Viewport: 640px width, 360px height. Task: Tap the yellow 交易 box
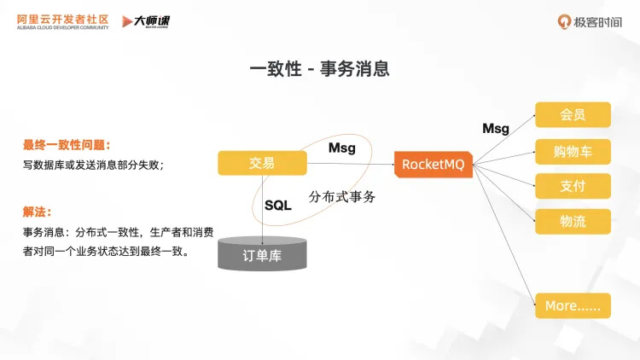262,163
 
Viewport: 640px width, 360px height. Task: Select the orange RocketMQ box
433,164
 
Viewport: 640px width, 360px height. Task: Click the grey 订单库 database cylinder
262,254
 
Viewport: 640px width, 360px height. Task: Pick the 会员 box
573,114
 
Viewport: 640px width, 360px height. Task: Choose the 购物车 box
573,152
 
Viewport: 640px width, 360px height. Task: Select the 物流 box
573,222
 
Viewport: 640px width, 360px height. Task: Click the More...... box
573,305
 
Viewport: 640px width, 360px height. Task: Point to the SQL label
277,206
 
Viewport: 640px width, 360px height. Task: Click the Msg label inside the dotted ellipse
342,148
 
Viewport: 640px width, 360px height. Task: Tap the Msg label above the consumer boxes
496,129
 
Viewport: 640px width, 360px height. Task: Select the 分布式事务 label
342,195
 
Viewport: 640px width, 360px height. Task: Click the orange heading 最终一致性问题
67,145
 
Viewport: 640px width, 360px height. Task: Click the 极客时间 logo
590,21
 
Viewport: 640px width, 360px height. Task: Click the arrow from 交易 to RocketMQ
350,163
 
